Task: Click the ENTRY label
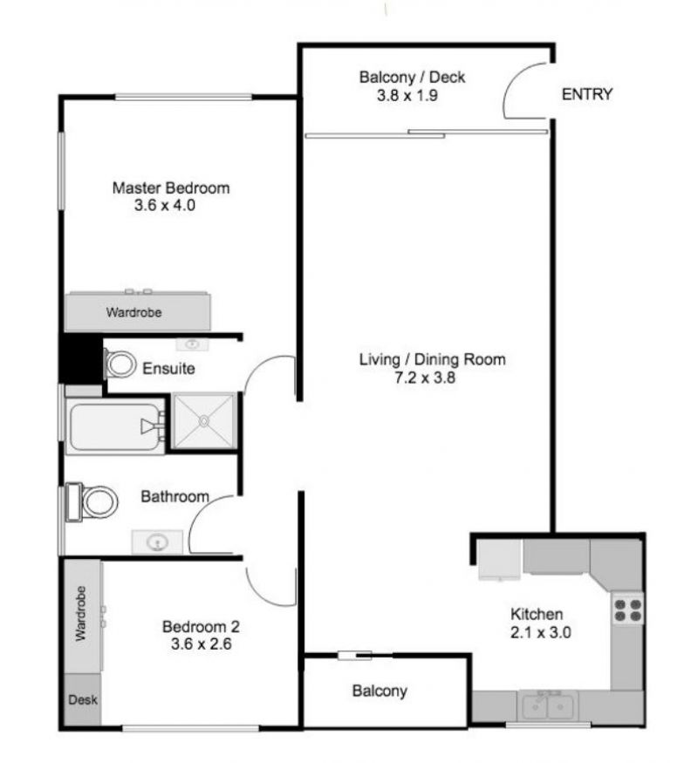(586, 94)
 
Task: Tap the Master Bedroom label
(171, 187)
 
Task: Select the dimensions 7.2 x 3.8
(425, 378)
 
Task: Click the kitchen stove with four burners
(627, 610)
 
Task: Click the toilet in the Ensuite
(120, 364)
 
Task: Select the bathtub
(115, 426)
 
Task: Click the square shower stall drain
(204, 420)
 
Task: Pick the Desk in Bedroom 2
(83, 699)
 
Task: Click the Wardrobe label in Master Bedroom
(133, 312)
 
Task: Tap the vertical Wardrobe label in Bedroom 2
(80, 613)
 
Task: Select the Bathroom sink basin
(157, 542)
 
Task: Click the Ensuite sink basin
(192, 344)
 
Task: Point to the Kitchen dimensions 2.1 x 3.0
(540, 632)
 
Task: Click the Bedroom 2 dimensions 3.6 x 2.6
(201, 644)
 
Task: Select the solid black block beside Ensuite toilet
(81, 358)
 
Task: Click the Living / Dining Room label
(432, 359)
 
